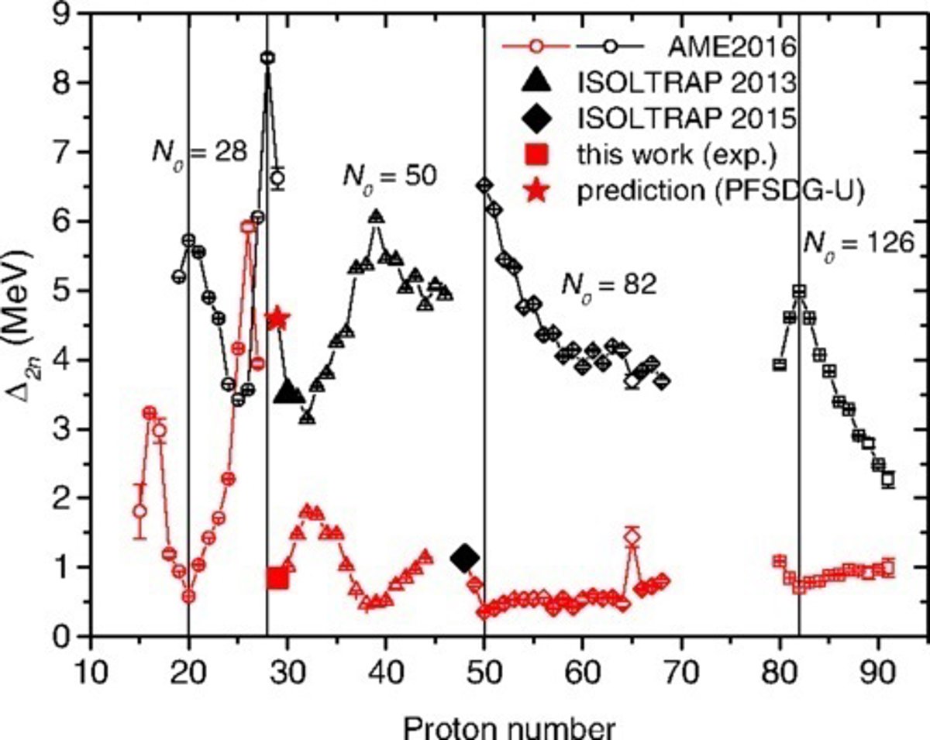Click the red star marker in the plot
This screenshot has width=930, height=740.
pos(277,318)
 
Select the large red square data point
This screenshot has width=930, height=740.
pos(277,578)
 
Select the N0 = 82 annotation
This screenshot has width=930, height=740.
pos(608,284)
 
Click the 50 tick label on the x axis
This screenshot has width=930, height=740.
pos(484,667)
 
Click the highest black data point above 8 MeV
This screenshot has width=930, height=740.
pos(267,57)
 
